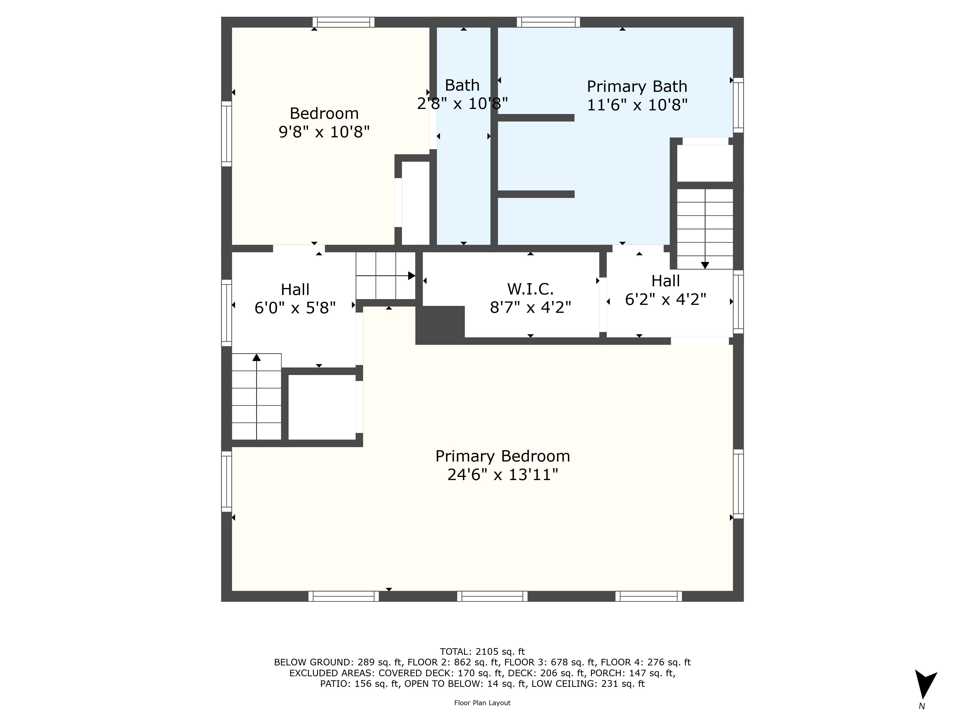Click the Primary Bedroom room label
click(x=503, y=456)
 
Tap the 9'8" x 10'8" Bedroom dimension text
click(x=324, y=132)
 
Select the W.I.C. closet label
click(x=531, y=289)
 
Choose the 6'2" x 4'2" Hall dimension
click(x=666, y=299)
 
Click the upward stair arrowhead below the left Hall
click(x=256, y=357)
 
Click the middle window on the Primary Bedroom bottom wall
click(x=492, y=596)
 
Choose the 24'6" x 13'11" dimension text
click(x=503, y=475)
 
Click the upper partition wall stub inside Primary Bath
click(x=536, y=118)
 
